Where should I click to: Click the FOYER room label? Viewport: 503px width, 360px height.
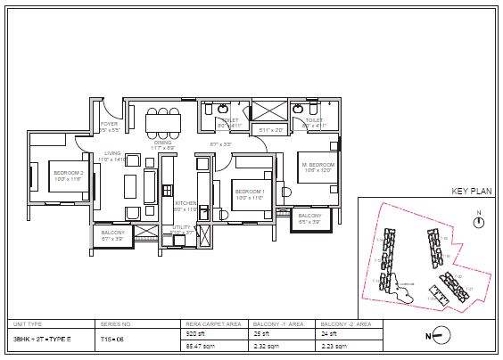[109, 124]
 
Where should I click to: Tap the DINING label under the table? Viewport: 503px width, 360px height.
[162, 142]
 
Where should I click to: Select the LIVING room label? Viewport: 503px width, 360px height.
[112, 153]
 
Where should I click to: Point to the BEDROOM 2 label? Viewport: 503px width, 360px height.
[68, 173]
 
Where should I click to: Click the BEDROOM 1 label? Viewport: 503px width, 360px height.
[249, 192]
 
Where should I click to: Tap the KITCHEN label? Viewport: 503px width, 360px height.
[186, 203]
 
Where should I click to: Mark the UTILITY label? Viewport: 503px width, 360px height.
[182, 228]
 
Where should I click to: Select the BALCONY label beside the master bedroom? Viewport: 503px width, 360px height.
[309, 216]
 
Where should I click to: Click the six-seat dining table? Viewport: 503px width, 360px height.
[163, 121]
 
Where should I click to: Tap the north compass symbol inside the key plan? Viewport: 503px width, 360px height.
[479, 221]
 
